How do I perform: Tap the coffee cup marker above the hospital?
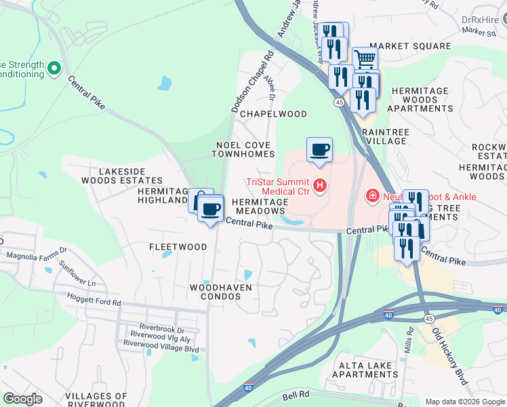(x=319, y=150)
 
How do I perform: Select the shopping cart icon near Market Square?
(x=365, y=59)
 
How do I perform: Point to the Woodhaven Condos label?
(x=221, y=292)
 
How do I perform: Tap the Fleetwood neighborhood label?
(x=178, y=247)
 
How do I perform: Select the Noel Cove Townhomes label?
(x=245, y=149)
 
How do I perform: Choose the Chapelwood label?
(x=273, y=114)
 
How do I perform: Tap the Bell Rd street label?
(x=296, y=393)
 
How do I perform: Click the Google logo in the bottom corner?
(x=22, y=399)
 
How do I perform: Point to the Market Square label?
(x=410, y=46)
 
